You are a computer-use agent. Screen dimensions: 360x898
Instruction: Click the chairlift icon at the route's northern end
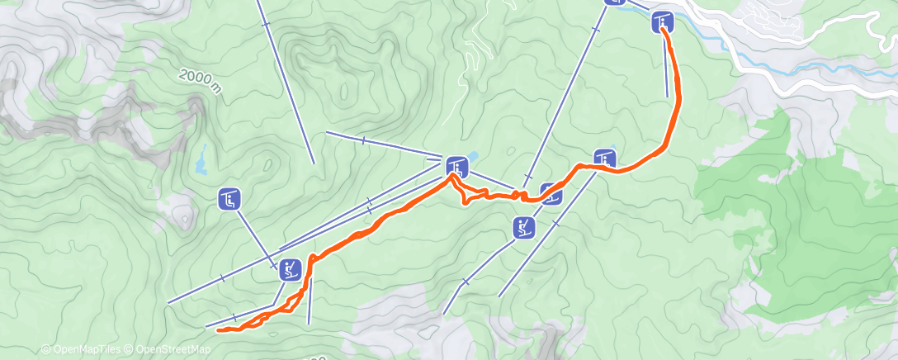pos(663,22)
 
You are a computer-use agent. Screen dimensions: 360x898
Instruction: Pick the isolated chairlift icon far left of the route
pos(229,199)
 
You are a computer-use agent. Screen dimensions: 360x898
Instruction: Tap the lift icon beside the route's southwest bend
pos(290,269)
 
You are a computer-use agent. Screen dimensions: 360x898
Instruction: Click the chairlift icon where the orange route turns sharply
pos(457,168)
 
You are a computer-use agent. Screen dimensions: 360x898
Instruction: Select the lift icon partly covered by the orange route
pos(552,195)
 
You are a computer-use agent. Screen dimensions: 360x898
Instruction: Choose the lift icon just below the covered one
pos(524,227)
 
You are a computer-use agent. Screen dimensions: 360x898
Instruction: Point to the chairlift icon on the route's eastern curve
pos(604,159)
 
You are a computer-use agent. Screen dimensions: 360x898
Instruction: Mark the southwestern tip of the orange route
pos(219,330)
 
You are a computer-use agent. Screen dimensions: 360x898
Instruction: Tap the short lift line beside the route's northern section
pos(666,66)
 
